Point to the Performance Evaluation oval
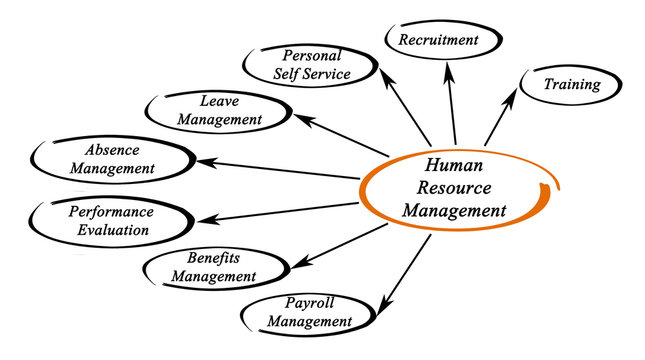pyautogui.click(x=109, y=221)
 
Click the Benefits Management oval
pyautogui.click(x=214, y=267)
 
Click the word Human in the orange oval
pyautogui.click(x=454, y=167)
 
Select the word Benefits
pyautogui.click(x=213, y=257)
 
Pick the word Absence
pyautogui.click(x=112, y=150)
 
